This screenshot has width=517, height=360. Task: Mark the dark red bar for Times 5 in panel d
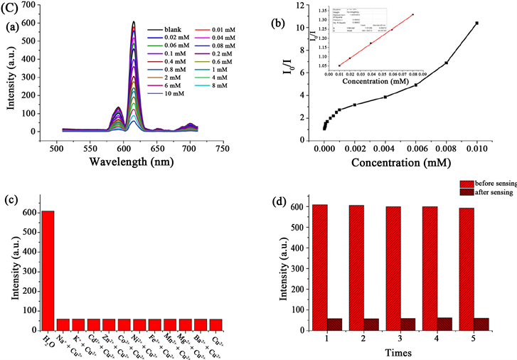[x=481, y=322]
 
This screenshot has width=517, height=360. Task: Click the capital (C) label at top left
[x=9, y=9]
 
